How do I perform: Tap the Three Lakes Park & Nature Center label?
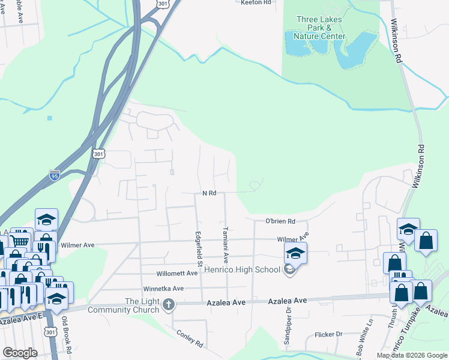[319, 28]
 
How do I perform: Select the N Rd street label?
[209, 193]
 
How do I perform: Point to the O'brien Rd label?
[280, 221]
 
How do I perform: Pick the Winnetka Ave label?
[163, 289]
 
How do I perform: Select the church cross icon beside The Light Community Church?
[169, 305]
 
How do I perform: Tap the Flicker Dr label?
[330, 334]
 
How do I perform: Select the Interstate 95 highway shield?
[54, 175]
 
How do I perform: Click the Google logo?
[19, 353]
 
